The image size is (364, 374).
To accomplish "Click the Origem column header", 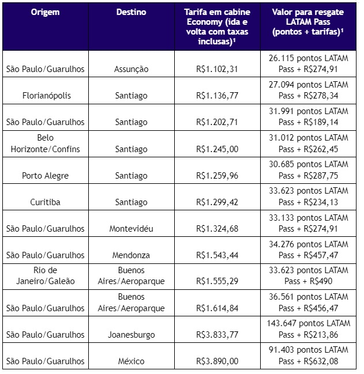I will click(45, 12).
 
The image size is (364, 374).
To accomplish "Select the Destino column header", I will click(131, 12).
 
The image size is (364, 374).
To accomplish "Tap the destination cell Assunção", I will click(131, 69).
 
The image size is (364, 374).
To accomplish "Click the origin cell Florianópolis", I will click(45, 96).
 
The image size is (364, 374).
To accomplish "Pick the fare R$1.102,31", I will click(216, 69).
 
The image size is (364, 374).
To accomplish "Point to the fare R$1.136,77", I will click(216, 96).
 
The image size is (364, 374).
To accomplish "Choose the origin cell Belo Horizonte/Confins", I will click(45, 143).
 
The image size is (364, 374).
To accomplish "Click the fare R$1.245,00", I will click(216, 149).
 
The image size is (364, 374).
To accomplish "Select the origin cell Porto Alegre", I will click(45, 176).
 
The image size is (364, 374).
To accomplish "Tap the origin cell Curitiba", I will click(45, 202).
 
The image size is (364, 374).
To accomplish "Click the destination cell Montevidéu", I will click(131, 229).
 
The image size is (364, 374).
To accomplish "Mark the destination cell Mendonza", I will click(131, 255).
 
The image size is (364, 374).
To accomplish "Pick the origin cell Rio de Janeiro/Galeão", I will click(45, 276).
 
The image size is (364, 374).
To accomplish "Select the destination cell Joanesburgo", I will click(131, 335).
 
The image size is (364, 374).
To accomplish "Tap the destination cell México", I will click(131, 361).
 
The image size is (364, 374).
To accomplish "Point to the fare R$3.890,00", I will click(216, 361).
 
